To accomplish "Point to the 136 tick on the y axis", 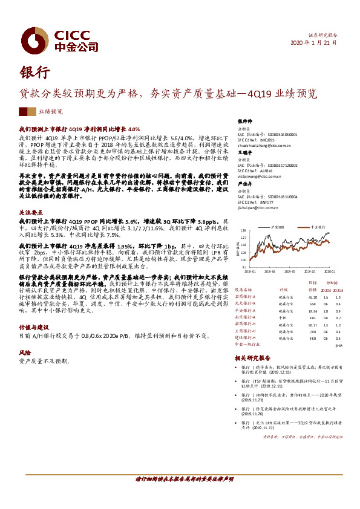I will (x=243, y=230).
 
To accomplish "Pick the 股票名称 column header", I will (x=243, y=289).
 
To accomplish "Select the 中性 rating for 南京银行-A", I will (x=281, y=317).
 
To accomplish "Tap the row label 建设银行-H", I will (x=245, y=337).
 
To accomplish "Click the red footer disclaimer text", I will (x=180, y=479).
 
